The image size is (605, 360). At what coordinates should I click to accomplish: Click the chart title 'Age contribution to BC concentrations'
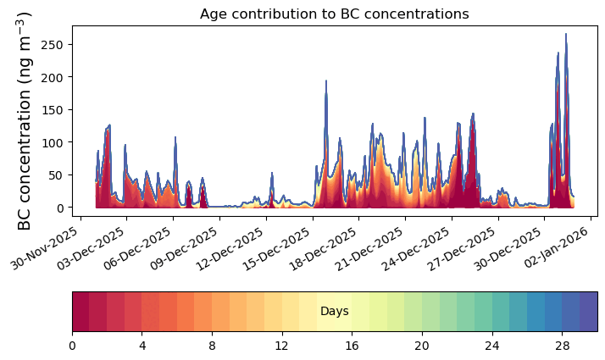click(334, 14)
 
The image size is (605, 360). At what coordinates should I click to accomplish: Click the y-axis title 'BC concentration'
click(25, 120)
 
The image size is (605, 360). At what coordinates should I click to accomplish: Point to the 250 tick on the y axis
click(52, 44)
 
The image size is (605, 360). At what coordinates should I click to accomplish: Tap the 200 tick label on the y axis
click(52, 77)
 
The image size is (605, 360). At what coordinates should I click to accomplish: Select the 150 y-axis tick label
click(52, 109)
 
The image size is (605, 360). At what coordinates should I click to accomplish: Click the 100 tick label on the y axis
click(52, 142)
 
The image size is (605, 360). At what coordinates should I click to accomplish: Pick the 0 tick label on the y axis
click(58, 208)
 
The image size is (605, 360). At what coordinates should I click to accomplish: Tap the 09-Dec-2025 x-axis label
click(191, 247)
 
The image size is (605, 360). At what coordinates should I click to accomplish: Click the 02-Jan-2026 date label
click(563, 247)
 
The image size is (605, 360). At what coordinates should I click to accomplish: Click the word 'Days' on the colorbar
click(335, 312)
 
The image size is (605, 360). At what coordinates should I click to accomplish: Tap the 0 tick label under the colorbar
click(72, 346)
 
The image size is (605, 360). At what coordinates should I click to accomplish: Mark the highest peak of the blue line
click(566, 35)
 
